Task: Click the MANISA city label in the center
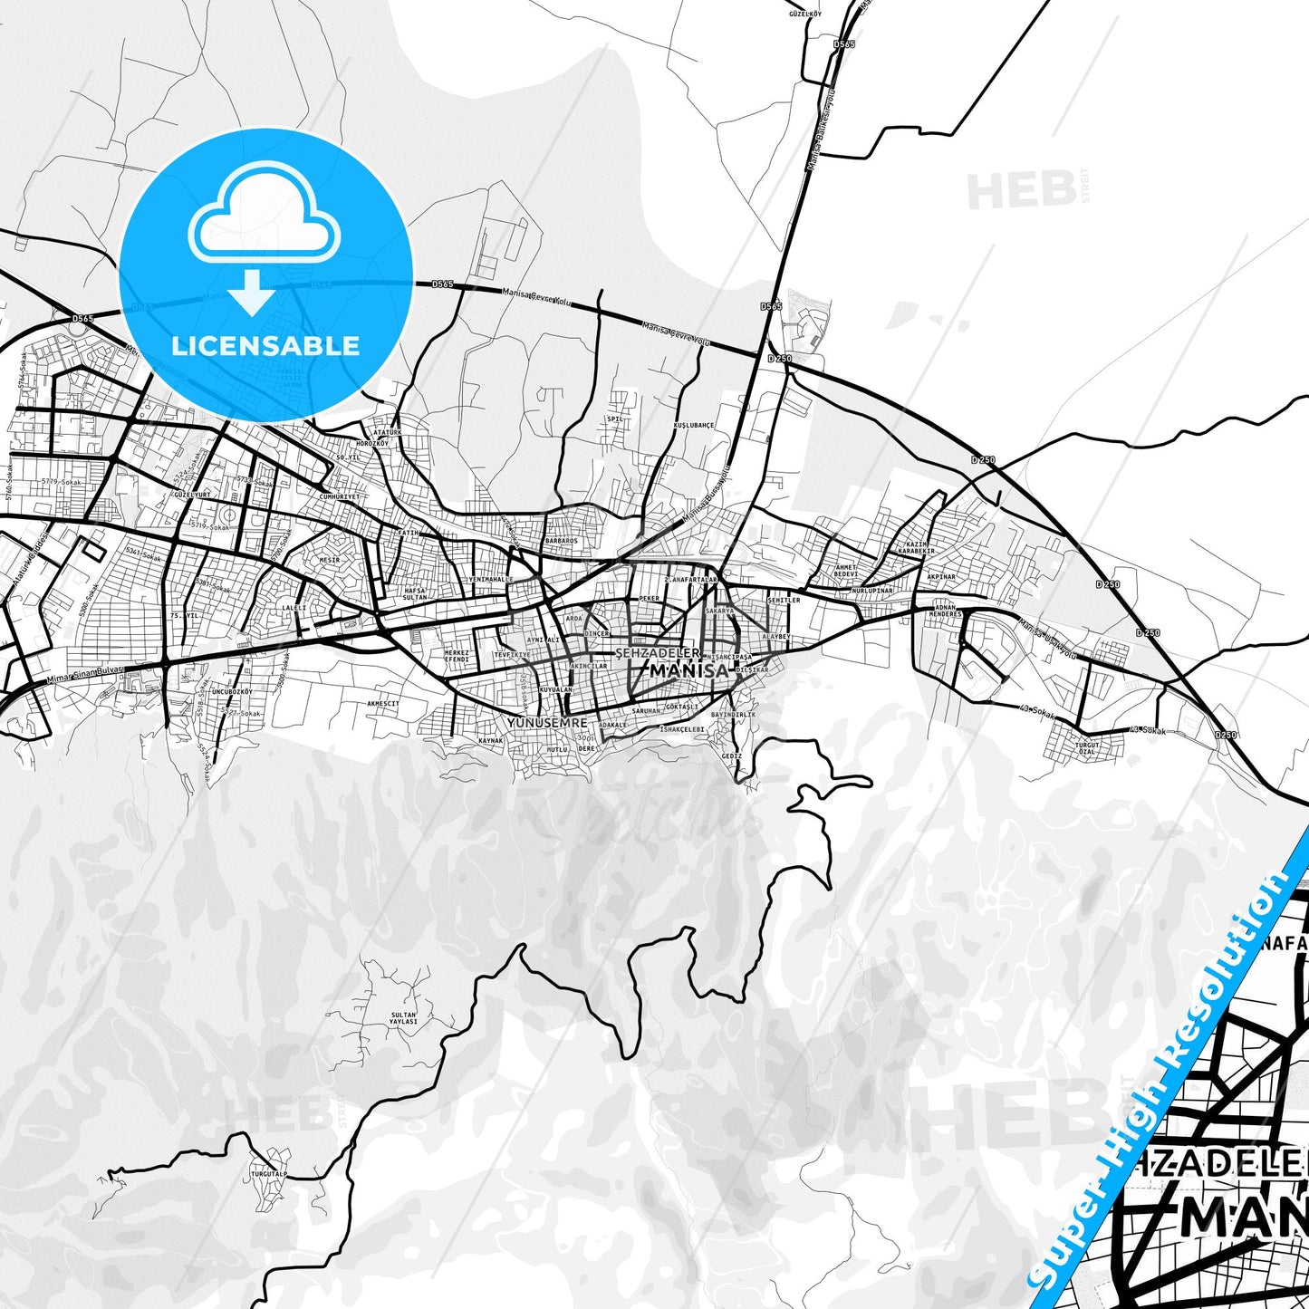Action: pos(689,670)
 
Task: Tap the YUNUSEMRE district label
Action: pos(548,723)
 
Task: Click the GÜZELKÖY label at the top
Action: pos(804,15)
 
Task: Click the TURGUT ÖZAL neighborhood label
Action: pos(1087,748)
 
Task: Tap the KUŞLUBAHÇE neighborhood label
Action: pos(695,425)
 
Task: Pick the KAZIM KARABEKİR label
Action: pos(916,547)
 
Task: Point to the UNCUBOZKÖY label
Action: pos(231,691)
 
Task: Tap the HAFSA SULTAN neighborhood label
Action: pos(414,594)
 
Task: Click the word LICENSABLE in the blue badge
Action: pos(265,345)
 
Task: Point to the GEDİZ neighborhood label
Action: pos(732,756)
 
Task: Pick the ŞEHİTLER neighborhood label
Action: pos(784,600)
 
